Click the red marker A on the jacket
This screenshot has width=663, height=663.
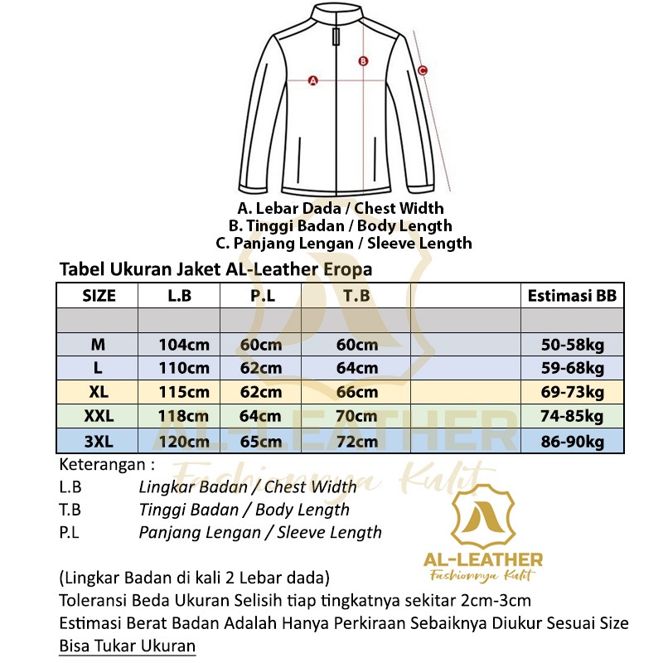click(313, 80)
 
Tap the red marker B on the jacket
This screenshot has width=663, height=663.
click(363, 60)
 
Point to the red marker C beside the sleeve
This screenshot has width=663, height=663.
click(423, 70)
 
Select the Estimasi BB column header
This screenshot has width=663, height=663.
click(572, 296)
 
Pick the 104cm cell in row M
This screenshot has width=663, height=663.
click(184, 345)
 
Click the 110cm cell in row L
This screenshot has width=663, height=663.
click(184, 368)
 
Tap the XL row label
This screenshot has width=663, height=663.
click(99, 392)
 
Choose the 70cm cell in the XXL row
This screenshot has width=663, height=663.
click(357, 416)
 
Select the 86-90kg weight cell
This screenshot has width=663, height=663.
click(572, 441)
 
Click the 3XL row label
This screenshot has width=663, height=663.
click(99, 441)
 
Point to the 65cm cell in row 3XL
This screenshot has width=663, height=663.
click(260, 441)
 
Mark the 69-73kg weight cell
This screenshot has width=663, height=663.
click(572, 392)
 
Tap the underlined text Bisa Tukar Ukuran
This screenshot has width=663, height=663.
click(128, 646)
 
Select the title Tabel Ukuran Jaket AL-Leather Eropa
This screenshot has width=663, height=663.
click(215, 269)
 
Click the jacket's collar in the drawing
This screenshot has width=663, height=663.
click(336, 15)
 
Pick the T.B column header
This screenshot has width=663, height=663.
click(357, 296)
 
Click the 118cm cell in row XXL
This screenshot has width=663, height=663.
click(184, 416)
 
